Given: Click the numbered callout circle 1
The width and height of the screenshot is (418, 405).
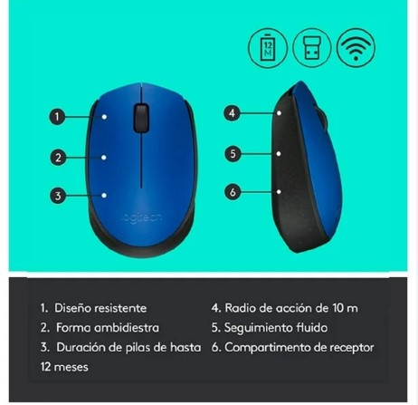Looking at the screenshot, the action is tap(57, 117).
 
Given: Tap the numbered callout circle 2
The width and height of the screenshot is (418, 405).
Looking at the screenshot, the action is tap(58, 158).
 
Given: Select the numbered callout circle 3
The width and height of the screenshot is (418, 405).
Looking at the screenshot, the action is tap(58, 196).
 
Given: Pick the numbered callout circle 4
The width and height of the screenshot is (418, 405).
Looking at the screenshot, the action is tap(232, 113).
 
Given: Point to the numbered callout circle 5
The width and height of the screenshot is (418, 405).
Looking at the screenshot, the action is tap(233, 154).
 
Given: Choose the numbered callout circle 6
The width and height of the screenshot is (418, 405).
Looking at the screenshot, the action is tap(233, 192).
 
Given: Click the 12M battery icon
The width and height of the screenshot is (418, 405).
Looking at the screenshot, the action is tap(268, 47).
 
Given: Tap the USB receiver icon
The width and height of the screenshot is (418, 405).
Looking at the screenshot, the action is tap(312, 47).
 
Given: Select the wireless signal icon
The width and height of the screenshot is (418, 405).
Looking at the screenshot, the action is tap(356, 47).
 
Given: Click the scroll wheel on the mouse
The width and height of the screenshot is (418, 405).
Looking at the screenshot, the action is tap(141, 118).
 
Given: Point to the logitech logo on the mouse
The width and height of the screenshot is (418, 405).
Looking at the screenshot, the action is tap(141, 217).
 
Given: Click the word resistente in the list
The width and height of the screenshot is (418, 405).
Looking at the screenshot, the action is tap(120, 308).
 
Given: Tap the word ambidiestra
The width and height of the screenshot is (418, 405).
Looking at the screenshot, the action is tap(127, 328).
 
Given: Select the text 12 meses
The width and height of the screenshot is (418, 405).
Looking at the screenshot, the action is tap(64, 367).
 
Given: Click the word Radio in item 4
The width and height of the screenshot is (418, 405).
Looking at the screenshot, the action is tap(240, 308).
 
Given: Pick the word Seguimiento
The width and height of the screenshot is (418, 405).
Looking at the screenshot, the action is tap(259, 328).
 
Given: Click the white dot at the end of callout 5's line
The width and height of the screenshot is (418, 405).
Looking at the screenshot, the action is tap(279, 154).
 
